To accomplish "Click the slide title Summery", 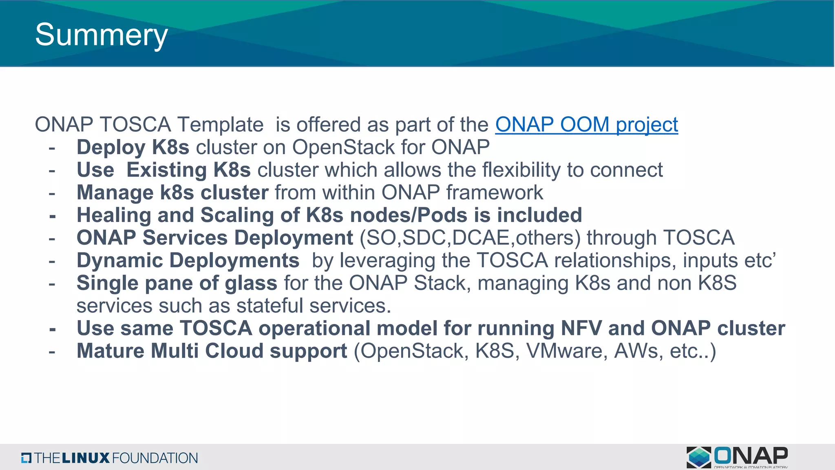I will [x=101, y=35].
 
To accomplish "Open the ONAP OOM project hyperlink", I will [x=586, y=125].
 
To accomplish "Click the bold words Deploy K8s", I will [x=133, y=147].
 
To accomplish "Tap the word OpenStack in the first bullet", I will [x=343, y=147].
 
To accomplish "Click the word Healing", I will [x=114, y=215].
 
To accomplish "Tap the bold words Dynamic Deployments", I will [x=188, y=261].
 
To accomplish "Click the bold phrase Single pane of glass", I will [x=177, y=284].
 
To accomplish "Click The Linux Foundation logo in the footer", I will [x=109, y=458].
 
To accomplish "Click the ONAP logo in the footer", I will [x=737, y=457].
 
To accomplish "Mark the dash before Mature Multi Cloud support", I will [x=52, y=351].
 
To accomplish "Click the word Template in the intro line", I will [x=221, y=125].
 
